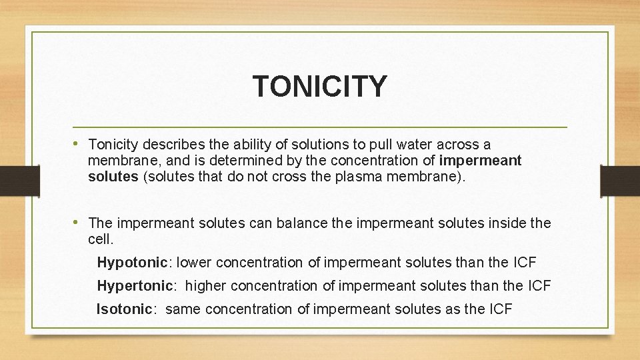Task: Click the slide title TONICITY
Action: point(319,86)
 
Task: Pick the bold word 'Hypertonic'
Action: point(135,286)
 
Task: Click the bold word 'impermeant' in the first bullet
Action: point(481,161)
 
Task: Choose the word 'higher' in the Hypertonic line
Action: point(207,286)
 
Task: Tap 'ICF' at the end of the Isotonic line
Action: point(500,309)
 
